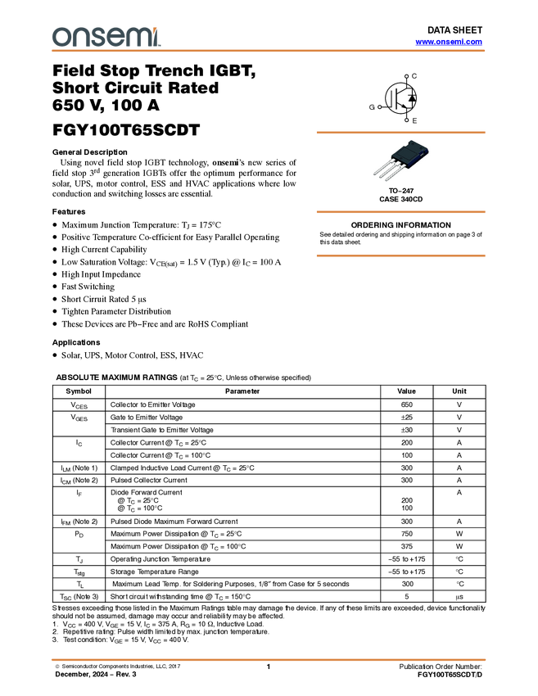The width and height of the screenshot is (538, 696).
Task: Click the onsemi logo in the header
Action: tap(106, 37)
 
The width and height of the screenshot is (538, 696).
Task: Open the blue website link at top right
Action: tap(449, 42)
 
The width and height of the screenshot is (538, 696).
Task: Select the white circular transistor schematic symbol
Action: tap(400, 98)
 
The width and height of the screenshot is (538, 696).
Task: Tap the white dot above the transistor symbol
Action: tap(406, 77)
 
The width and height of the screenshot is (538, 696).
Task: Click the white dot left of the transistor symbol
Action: tap(380, 106)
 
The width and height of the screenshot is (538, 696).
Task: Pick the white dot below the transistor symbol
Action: tap(407, 120)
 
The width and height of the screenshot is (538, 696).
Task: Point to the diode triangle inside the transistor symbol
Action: tap(412, 99)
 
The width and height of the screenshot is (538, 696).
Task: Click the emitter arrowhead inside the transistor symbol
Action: tap(405, 106)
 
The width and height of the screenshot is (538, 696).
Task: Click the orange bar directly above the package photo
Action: tap(400, 132)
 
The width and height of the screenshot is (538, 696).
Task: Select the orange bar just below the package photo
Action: tap(400, 212)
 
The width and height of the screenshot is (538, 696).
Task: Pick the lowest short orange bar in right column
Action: tap(400, 255)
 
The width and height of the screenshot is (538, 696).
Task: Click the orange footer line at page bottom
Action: tap(269, 659)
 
